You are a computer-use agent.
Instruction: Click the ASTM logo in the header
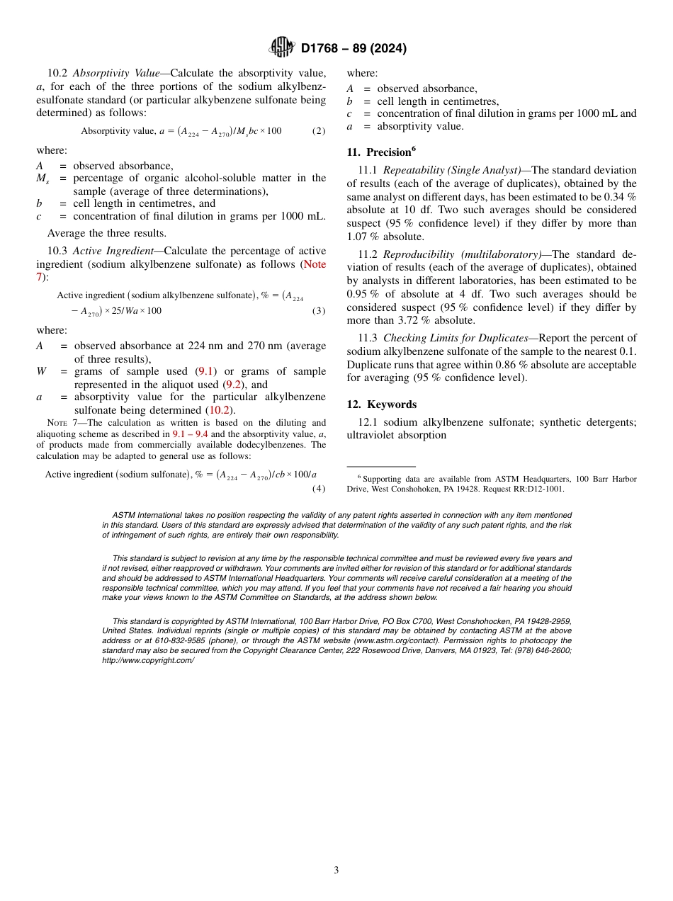282,48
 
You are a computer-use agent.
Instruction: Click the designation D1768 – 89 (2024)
354,49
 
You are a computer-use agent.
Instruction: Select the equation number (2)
319,131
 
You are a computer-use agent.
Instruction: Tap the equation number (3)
319,311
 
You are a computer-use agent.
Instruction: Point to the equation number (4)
319,488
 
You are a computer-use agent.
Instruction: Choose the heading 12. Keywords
381,404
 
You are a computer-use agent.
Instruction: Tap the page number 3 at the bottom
336,871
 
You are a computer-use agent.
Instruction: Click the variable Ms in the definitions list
43,178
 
